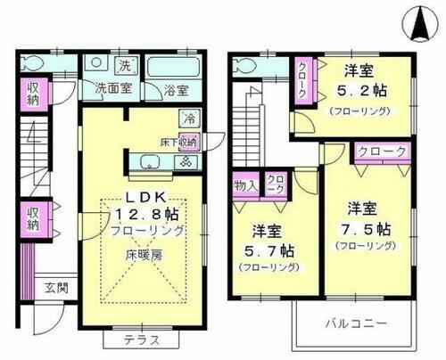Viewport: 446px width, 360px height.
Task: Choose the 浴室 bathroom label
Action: (x=174, y=89)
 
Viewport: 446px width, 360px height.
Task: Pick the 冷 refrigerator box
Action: (x=188, y=118)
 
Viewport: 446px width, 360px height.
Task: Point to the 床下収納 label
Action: (x=178, y=142)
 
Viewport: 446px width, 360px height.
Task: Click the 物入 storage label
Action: (x=245, y=185)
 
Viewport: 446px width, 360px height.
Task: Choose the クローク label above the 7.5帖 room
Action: (x=382, y=152)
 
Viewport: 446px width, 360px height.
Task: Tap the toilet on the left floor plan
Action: (x=33, y=63)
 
